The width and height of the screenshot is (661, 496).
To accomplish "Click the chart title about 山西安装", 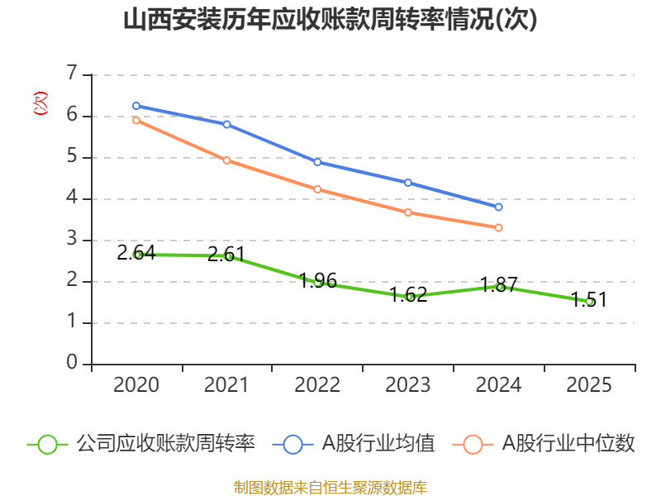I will pos(330,20).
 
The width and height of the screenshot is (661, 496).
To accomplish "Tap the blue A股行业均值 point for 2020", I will pos(136,106).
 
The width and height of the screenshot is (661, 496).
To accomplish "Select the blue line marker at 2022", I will pos(317,162).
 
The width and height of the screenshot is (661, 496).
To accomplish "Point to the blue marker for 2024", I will pos(498,207).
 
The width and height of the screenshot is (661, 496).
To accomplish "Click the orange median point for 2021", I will pos(227,160).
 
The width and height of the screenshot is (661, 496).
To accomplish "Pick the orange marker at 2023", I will pos(408,212).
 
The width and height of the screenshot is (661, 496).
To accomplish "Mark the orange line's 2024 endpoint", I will pos(498,227).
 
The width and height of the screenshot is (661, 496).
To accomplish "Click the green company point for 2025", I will pos(589,302).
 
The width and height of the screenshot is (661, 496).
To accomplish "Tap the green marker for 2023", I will pos(408,296).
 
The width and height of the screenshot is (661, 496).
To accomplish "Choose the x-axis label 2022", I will pos(317,385).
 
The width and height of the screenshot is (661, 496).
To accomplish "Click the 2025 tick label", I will pos(589,385).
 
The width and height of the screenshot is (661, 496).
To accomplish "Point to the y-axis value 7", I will pos(72,74).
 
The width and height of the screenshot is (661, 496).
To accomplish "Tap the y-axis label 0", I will pos(72,363).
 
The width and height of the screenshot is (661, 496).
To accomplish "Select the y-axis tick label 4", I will pos(72,198).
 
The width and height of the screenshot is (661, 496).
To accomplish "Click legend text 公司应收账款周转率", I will pos(165,444).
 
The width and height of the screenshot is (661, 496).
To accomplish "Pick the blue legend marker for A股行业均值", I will pos(293,444).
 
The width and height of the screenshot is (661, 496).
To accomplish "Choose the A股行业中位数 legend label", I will pos(568,444).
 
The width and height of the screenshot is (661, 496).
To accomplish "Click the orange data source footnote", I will pos(330,487).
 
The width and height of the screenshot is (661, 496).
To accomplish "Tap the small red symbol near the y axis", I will pos(40,103).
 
